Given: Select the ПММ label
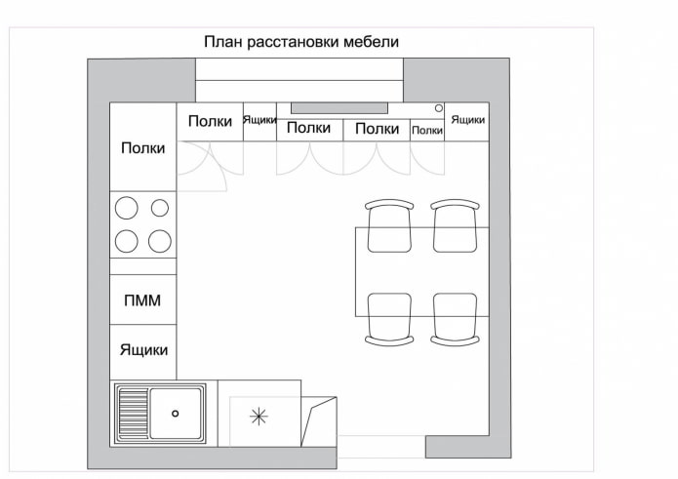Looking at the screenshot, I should coord(142,301).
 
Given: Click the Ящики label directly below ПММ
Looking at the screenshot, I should coord(143,349).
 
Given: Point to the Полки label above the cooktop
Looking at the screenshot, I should coord(142,148).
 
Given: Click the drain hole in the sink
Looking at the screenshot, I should coord(176,414).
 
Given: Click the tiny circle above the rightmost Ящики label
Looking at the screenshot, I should coord(439,107).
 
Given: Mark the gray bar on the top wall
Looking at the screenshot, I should coord(339,107).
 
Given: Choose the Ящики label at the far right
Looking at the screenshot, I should coord(468,120).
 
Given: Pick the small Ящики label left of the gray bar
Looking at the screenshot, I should coord(259,120).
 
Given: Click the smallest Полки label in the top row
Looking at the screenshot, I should coord(427,130).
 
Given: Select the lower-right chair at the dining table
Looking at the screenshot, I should coord(456,318).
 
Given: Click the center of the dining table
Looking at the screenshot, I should coord(421,271).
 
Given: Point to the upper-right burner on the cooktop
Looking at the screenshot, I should coord(160,208).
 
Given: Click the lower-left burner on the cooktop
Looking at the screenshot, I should coord(127,240).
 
